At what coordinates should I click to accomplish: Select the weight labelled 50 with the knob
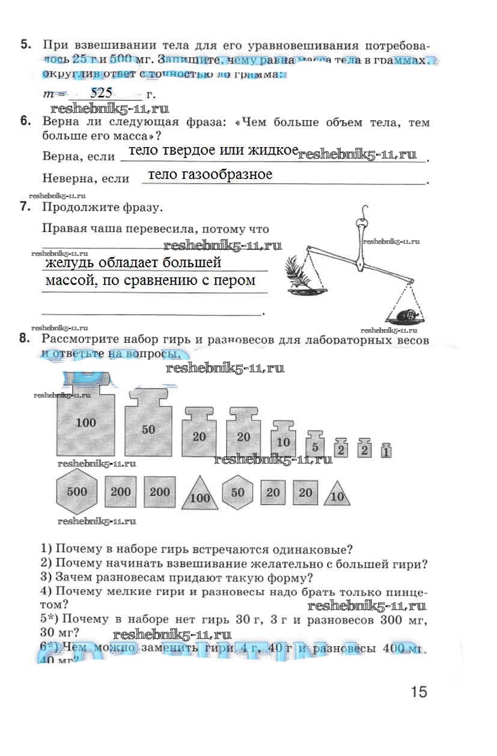[x=148, y=428]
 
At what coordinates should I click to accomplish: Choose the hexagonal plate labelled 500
[x=77, y=492]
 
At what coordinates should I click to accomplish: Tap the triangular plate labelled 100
[x=200, y=494]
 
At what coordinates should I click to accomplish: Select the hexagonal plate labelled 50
[x=238, y=492]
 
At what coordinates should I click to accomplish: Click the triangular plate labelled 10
[x=337, y=495]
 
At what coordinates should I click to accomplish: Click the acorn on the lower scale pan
[x=404, y=313]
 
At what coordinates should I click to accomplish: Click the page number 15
[x=419, y=692]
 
